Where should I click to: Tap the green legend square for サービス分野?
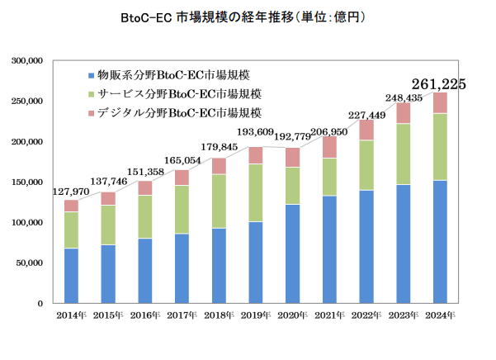[90, 94]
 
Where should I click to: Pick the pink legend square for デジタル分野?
[90, 113]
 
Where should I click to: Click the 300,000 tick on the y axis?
[27, 61]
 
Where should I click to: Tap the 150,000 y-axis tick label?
[27, 182]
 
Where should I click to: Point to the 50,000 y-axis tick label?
[30, 263]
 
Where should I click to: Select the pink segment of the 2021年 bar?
[329, 147]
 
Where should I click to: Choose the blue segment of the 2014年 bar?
[71, 276]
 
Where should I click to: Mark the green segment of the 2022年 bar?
[366, 165]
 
